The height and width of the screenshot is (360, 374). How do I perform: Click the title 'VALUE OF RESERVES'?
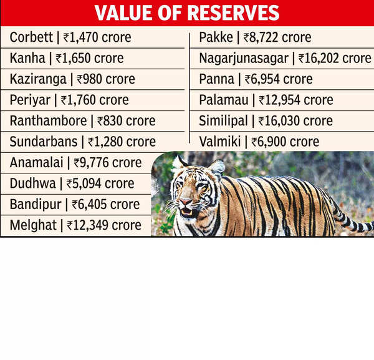tap(186, 13)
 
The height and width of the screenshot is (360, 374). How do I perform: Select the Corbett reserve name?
tap(31, 37)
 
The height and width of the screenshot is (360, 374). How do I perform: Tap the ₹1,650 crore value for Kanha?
tap(90, 59)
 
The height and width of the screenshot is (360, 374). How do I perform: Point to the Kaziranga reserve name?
tap(38, 79)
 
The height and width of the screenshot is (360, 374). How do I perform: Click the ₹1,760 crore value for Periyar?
tap(95, 100)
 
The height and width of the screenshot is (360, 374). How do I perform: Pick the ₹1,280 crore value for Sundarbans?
tap(122, 142)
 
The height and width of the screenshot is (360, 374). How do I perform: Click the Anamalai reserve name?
tap(38, 163)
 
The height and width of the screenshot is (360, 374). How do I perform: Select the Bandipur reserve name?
tap(35, 204)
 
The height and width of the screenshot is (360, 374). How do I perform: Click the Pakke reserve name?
tap(215, 37)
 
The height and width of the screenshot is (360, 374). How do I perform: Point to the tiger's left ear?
tap(218, 166)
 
